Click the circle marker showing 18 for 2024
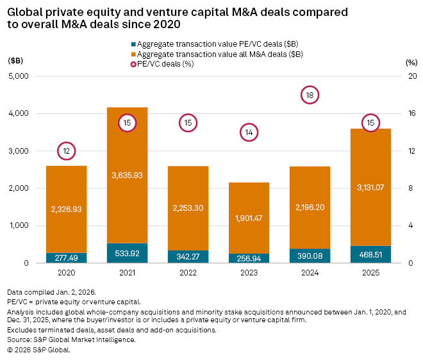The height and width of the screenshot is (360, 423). (310, 95)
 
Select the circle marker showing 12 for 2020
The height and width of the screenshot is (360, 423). (66, 151)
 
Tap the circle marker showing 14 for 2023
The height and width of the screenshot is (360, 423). (249, 133)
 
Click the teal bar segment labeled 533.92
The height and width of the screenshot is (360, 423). (127, 253)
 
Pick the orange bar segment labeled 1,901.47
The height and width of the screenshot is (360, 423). (249, 218)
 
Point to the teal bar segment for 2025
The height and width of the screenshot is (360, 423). (370, 254)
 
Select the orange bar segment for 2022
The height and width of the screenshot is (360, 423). (188, 208)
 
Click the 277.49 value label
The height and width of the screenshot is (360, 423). (66, 258)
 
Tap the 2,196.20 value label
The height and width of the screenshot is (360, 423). (310, 208)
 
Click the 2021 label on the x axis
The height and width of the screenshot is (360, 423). (127, 272)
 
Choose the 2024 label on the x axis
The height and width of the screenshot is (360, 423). (310, 272)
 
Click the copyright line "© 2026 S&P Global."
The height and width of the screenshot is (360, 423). (39, 350)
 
